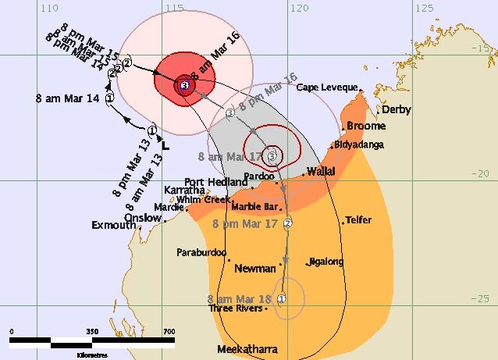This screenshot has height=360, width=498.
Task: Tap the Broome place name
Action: pyautogui.click(x=365, y=126)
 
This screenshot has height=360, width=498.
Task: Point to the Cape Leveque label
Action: pyautogui.click(x=327, y=87)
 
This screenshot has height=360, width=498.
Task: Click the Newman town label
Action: pyautogui.click(x=257, y=268)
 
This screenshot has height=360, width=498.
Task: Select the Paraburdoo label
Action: pyautogui.click(x=201, y=252)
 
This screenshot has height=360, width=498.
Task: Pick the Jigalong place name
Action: pyautogui.click(x=326, y=262)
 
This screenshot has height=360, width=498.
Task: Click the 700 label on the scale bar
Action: pyautogui.click(x=169, y=332)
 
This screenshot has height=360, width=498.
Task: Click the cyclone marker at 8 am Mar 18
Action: pyautogui.click(x=282, y=298)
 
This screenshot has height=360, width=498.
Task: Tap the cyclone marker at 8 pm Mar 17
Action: pyautogui.click(x=287, y=224)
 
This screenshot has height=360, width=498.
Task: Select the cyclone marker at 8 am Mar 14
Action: pyautogui.click(x=110, y=98)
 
